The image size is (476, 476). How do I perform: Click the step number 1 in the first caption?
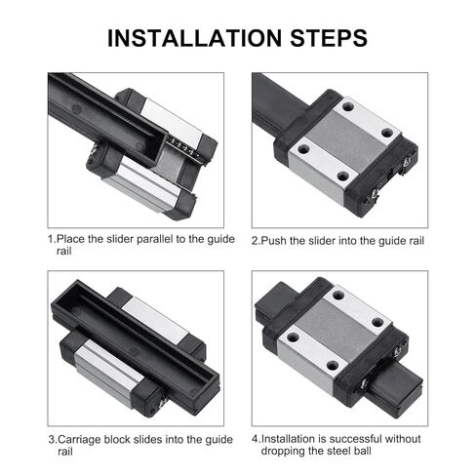[51, 238]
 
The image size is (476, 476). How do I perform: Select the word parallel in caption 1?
[149, 238]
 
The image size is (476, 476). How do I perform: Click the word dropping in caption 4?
[285, 451]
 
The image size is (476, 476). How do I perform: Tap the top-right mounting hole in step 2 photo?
[386, 133]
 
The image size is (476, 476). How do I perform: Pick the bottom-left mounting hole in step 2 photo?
[341, 177]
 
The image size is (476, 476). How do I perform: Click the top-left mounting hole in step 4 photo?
[337, 295]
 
